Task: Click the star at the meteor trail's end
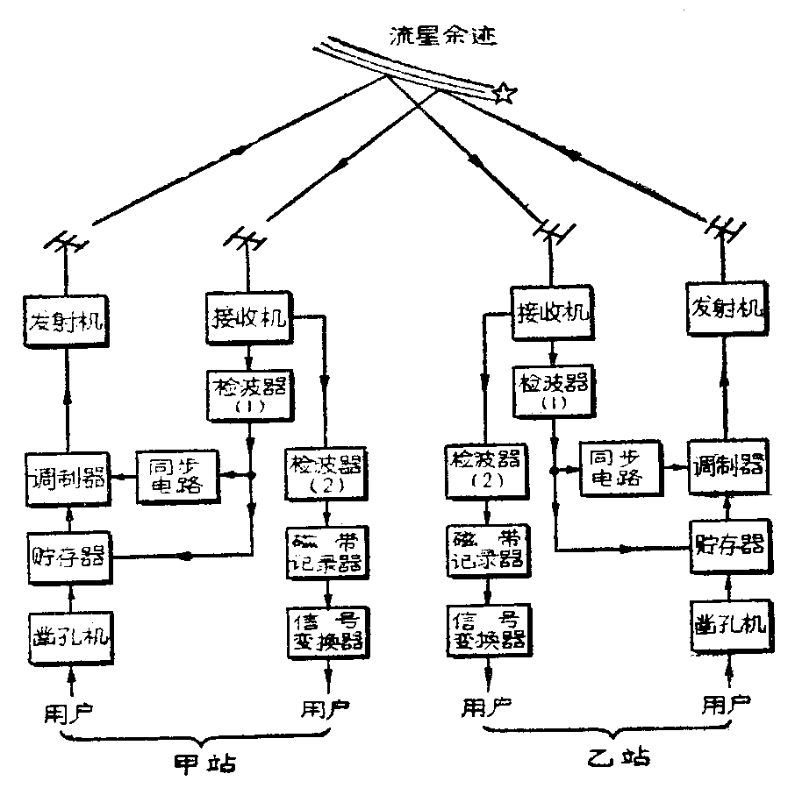tap(504, 92)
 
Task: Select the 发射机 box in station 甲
tap(63, 321)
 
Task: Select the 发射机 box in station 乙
tap(727, 311)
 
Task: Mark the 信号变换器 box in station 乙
tap(484, 628)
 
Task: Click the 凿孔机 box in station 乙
tap(727, 624)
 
